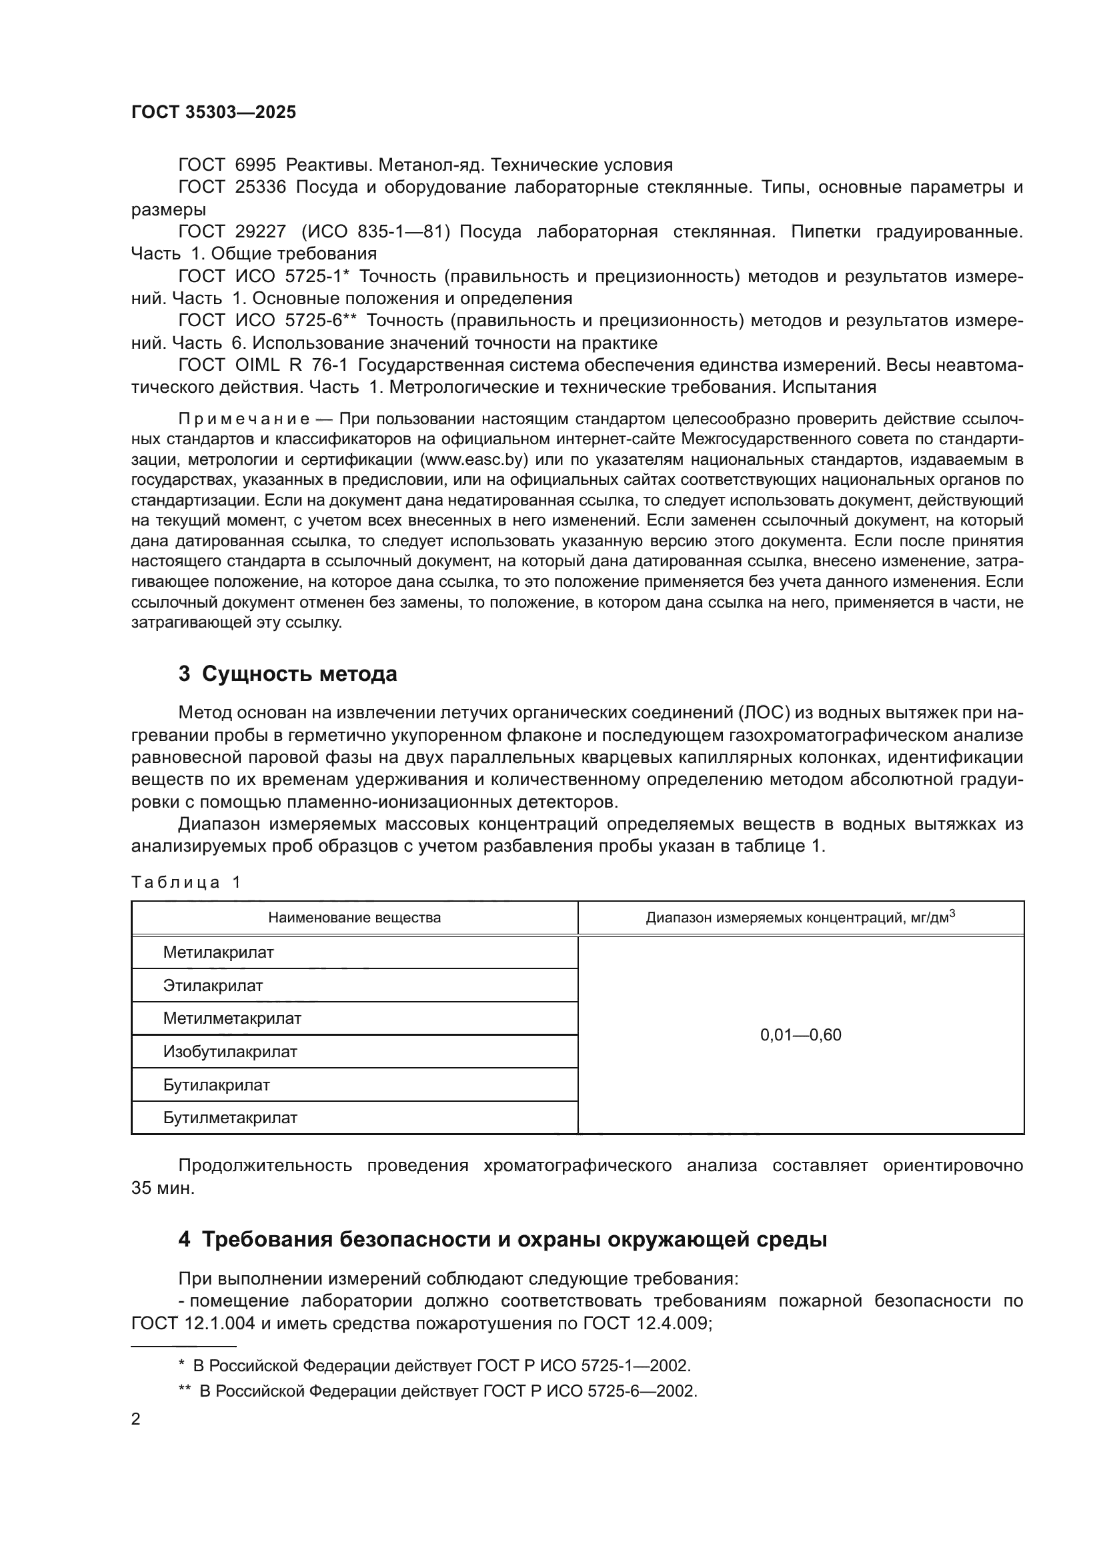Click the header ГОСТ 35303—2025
[213, 112]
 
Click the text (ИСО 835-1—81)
[375, 231]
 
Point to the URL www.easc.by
[473, 460]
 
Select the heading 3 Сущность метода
[287, 674]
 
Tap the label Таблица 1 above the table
[185, 882]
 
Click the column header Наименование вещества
[354, 918]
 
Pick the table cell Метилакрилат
[218, 952]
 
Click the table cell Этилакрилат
[213, 986]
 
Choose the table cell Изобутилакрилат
[229, 1052]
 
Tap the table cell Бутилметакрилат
[229, 1118]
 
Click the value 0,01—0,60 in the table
[800, 1036]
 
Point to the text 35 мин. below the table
[162, 1189]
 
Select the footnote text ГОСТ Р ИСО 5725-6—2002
[589, 1391]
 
